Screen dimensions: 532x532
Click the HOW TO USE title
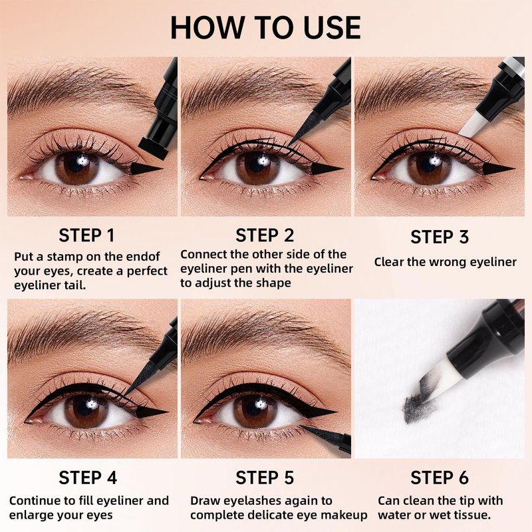pos(265,27)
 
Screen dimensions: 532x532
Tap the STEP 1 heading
pos(87,235)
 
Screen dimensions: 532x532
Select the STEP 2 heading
pos(265,235)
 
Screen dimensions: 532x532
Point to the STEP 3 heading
pos(440,237)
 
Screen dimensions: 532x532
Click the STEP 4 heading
pos(88,477)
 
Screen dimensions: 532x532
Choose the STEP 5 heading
pos(265,477)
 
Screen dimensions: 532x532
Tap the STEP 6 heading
pos(440,477)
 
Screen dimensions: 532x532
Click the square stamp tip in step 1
pos(154,148)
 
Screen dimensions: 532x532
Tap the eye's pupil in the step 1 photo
pos(78,164)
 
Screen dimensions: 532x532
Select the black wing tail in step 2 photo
pos(326,169)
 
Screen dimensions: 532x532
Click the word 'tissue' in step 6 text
pos(471,515)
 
